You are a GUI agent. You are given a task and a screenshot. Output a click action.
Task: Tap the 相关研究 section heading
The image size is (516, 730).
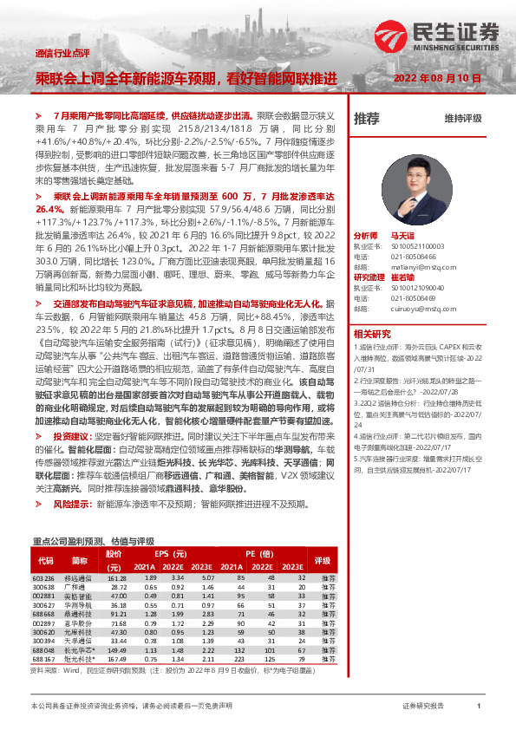pyautogui.click(x=371, y=334)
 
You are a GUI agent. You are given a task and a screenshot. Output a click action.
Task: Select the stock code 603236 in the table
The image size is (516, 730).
pyautogui.click(x=43, y=577)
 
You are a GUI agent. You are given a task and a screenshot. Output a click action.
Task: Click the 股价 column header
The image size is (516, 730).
pyautogui.click(x=114, y=552)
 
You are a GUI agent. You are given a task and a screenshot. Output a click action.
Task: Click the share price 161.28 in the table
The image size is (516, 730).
pyautogui.click(x=117, y=577)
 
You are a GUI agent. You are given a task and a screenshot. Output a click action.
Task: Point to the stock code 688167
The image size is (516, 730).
pyautogui.click(x=43, y=660)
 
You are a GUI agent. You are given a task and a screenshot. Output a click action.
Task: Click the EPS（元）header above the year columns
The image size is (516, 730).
pyautogui.click(x=172, y=553)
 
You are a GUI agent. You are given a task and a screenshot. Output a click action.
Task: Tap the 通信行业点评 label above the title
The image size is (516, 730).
pyautogui.click(x=62, y=53)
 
